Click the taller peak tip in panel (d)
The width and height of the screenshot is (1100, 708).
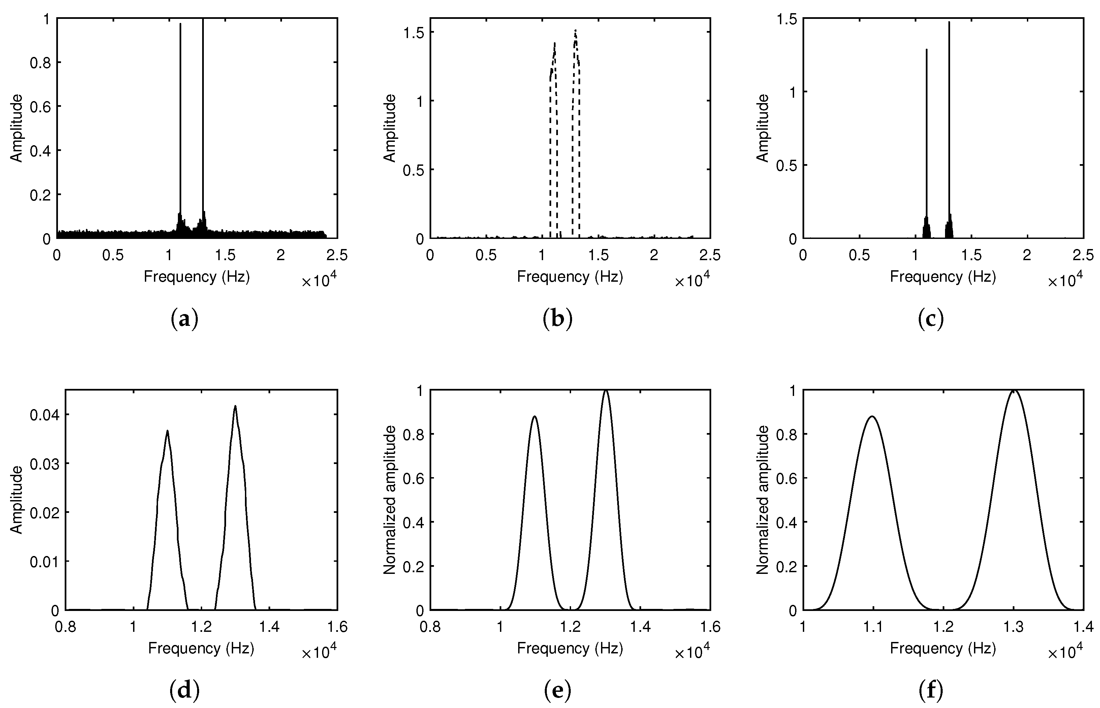tap(235, 406)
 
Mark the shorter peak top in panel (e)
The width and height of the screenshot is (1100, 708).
tap(535, 417)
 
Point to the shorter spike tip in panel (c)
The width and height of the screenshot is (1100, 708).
tap(926, 50)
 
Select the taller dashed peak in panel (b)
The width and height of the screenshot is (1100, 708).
tap(575, 31)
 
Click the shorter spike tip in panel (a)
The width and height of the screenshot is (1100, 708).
tap(180, 24)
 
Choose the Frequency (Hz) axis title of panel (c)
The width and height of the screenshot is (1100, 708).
tap(943, 276)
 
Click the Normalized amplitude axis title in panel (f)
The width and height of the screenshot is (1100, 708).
tap(763, 500)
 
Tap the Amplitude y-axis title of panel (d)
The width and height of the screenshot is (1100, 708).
tap(17, 500)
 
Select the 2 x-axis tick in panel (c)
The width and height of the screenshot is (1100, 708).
tap(1027, 255)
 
